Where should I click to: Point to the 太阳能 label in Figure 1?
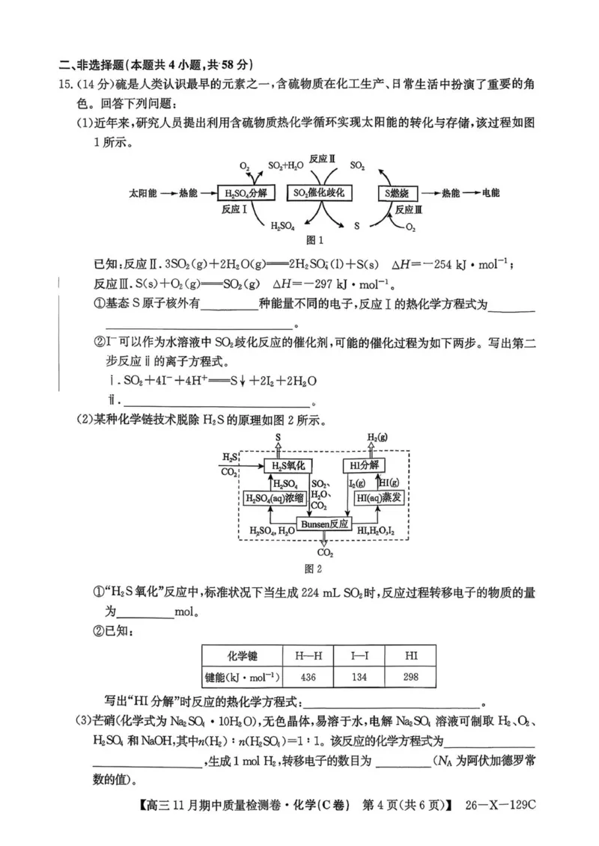(142, 193)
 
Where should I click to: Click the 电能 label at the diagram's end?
(490, 193)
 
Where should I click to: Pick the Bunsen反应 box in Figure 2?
(324, 524)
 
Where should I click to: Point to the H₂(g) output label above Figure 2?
(377, 437)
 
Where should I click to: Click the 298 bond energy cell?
(412, 676)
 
